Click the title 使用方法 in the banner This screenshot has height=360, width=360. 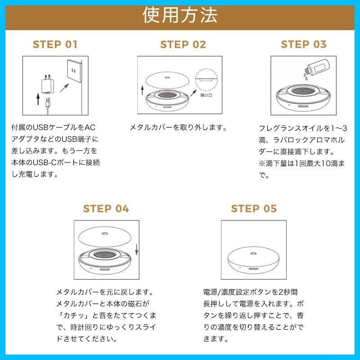pos(180,15)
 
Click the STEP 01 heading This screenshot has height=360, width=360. pos(55,44)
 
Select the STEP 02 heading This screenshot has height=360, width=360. pos(183,44)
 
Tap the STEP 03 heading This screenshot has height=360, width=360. pos(304,44)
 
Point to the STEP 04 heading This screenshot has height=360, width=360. pos(106,209)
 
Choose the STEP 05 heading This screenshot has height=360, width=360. pos(254,209)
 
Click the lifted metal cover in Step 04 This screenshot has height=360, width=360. pos(105,237)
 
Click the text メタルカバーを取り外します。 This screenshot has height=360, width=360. pos(178,127)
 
